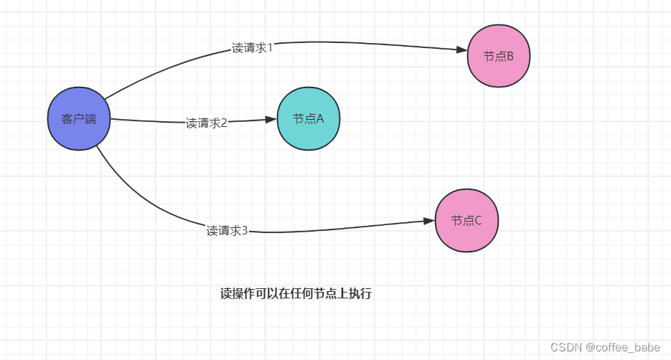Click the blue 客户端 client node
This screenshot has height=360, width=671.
(x=79, y=119)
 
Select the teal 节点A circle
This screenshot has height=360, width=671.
(x=309, y=119)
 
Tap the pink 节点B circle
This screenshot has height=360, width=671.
(x=499, y=55)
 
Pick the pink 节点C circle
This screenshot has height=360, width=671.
(x=466, y=221)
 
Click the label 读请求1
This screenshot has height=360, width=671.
(x=252, y=47)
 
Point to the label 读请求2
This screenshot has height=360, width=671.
(x=207, y=123)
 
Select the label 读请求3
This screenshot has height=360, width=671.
(x=227, y=231)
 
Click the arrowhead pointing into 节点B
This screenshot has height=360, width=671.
(x=461, y=49)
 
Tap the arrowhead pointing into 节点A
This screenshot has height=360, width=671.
(x=271, y=119)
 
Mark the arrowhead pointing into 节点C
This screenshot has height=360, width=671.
(x=429, y=222)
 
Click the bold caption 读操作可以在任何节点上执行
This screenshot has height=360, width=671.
(x=296, y=294)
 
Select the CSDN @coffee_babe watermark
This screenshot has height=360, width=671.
(x=605, y=347)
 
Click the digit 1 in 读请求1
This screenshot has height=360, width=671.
(x=269, y=47)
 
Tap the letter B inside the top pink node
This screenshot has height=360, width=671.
(x=510, y=56)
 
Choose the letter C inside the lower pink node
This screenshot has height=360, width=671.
(x=478, y=221)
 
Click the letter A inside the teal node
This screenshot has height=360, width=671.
(x=320, y=119)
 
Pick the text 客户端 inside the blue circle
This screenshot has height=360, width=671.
(x=79, y=119)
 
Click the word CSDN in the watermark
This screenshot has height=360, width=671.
(x=566, y=347)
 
